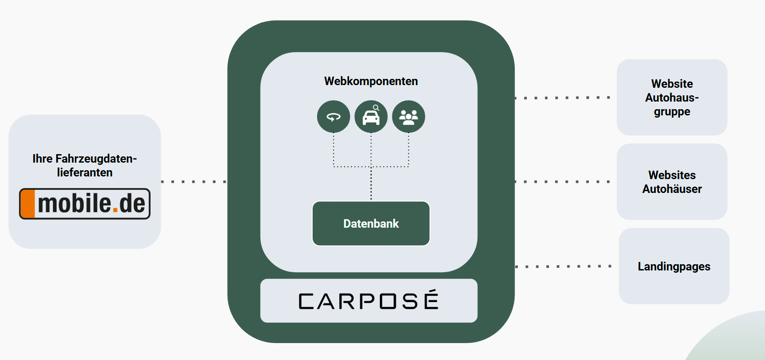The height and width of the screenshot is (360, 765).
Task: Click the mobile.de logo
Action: (85, 204)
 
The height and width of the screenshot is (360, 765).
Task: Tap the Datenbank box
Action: (371, 224)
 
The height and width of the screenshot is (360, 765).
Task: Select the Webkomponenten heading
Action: (371, 81)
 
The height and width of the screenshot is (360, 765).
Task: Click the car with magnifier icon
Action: (371, 117)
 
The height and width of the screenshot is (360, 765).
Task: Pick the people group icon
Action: (408, 117)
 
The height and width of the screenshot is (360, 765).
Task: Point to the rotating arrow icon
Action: (334, 117)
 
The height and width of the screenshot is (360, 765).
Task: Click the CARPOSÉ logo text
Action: (369, 301)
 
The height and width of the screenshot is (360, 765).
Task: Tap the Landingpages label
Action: (674, 266)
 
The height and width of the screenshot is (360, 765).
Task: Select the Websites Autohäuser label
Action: (672, 182)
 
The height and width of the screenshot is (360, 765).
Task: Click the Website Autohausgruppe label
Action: (672, 98)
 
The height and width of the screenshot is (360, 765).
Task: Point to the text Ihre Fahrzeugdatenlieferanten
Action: (85, 165)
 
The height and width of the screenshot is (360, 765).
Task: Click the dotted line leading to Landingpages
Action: (563, 266)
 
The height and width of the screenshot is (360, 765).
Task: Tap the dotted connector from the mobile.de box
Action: (194, 182)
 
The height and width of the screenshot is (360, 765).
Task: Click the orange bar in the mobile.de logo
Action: (28, 204)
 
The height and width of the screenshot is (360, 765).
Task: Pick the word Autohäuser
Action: (672, 189)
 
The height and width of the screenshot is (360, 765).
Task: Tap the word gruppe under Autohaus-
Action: (672, 112)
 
